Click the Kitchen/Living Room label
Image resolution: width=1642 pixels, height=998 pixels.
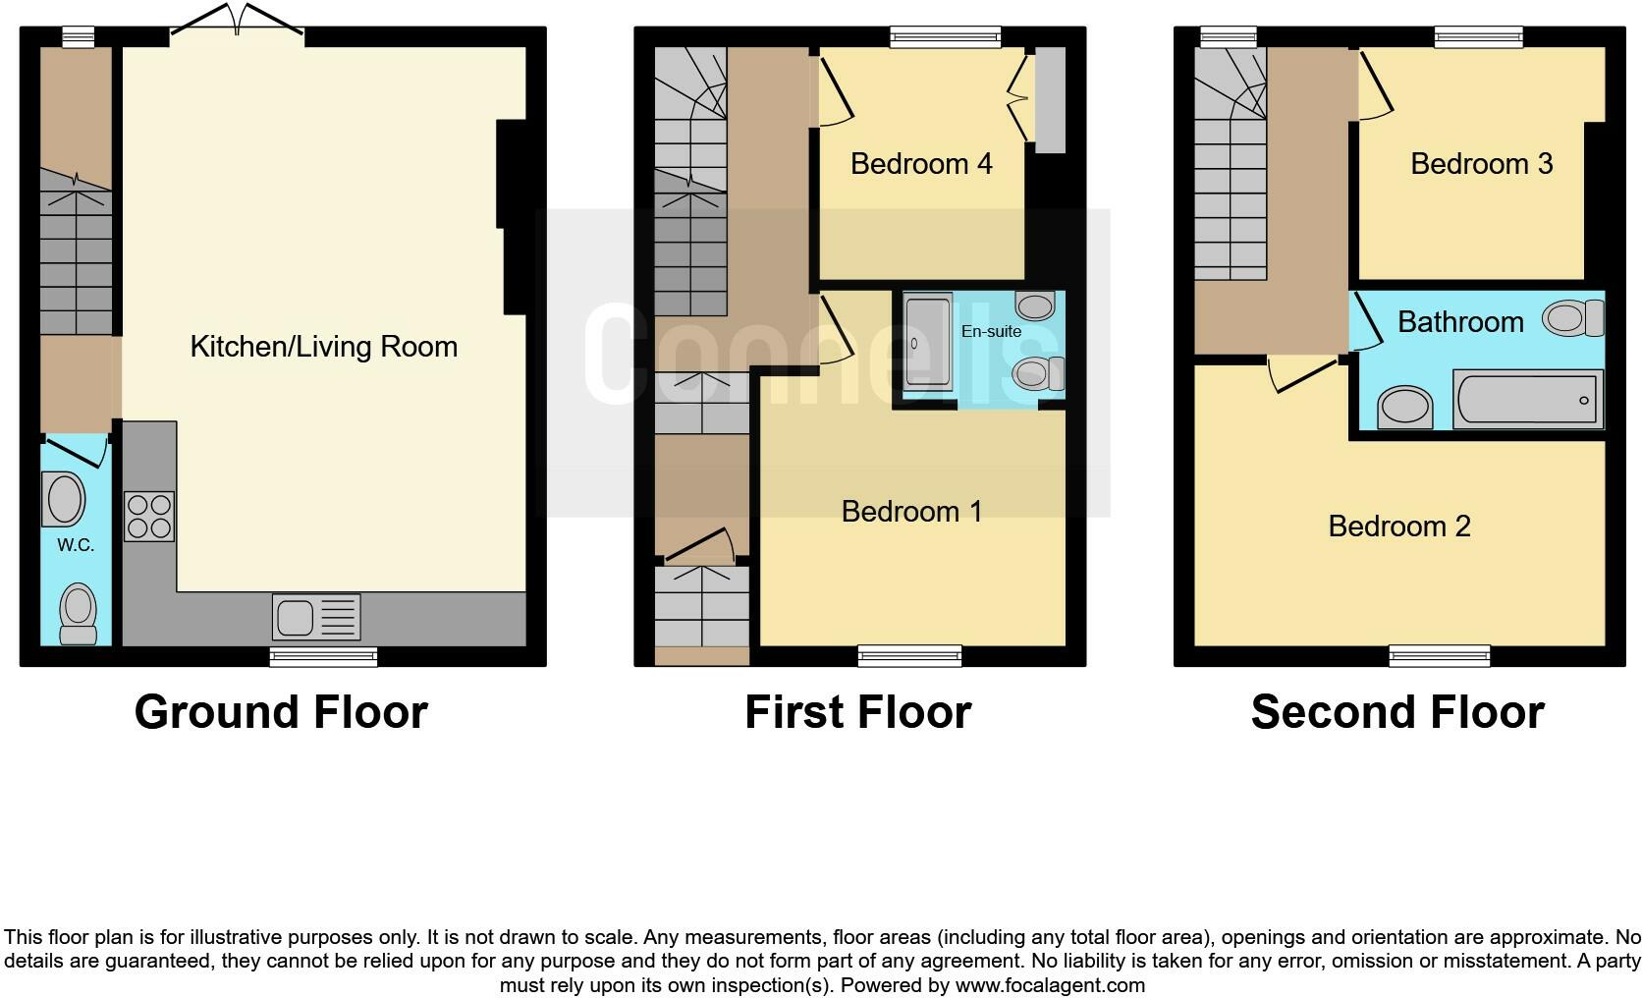(x=323, y=347)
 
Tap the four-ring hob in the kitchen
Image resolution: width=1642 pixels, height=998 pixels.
(x=149, y=517)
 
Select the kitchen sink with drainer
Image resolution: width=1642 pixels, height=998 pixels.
(x=316, y=618)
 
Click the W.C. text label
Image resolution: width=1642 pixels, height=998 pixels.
(x=76, y=545)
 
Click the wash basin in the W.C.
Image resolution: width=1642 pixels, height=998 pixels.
(x=64, y=499)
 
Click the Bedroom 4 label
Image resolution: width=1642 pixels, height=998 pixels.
(x=920, y=163)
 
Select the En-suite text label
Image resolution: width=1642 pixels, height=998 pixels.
(x=990, y=331)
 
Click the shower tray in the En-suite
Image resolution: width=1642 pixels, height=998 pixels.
(x=927, y=342)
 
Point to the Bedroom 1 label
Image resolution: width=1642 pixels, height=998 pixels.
(x=911, y=511)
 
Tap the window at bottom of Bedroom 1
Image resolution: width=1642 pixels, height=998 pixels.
(x=909, y=655)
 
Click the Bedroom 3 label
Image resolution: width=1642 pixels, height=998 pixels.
(x=1481, y=163)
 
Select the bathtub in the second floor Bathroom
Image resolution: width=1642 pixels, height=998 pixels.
(x=1527, y=400)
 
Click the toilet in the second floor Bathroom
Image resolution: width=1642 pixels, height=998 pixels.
(x=1572, y=318)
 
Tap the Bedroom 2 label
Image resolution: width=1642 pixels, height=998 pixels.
(x=1398, y=527)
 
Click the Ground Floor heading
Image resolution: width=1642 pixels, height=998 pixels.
(x=281, y=712)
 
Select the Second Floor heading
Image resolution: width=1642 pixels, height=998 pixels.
(x=1396, y=712)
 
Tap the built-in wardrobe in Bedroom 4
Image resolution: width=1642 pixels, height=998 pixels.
(x=1050, y=99)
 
